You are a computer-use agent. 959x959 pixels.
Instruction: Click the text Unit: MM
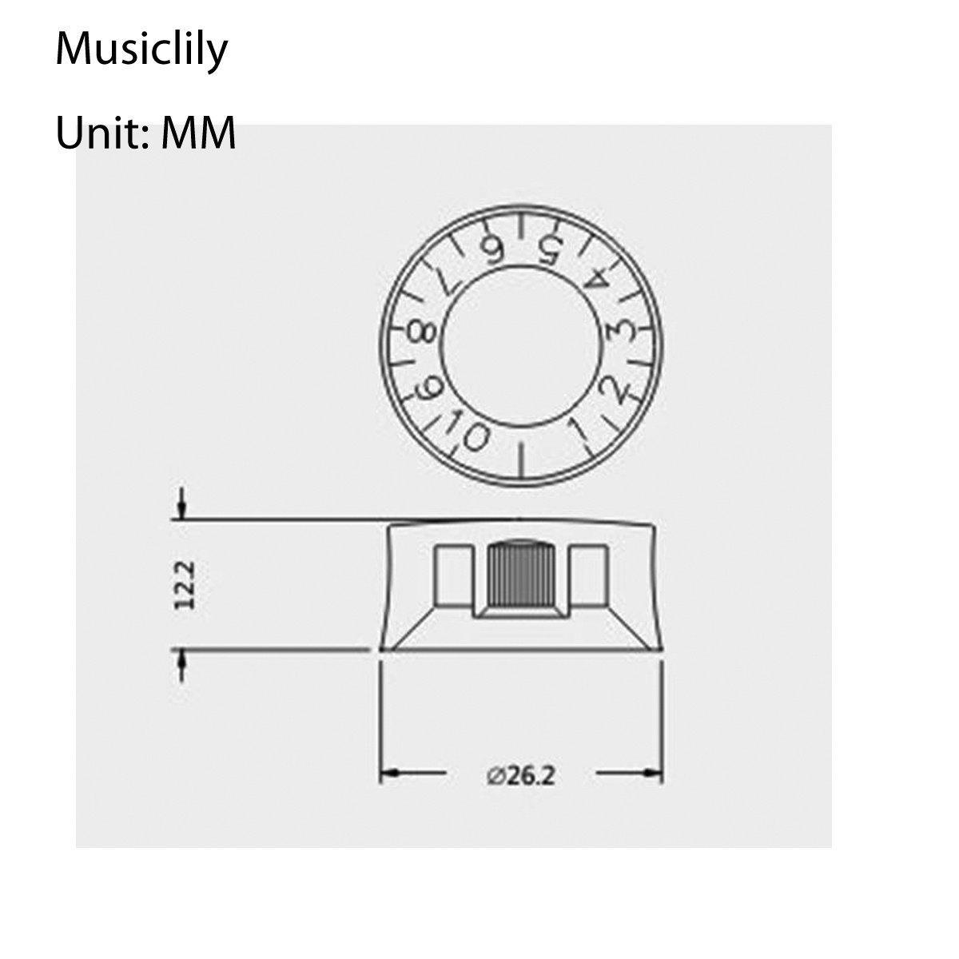tap(145, 133)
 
